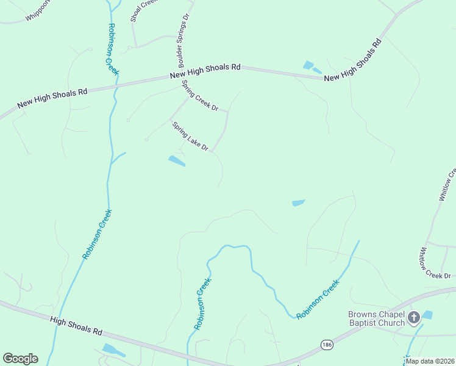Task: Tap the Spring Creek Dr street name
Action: pyautogui.click(x=200, y=96)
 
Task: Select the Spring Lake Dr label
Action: pyautogui.click(x=190, y=137)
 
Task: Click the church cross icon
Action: pyautogui.click(x=414, y=317)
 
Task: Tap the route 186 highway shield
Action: pyautogui.click(x=327, y=345)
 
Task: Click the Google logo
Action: pyautogui.click(x=20, y=359)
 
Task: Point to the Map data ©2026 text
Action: pyautogui.click(x=429, y=361)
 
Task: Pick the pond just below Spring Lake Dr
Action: pyautogui.click(x=176, y=161)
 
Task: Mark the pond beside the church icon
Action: pyautogui.click(x=427, y=315)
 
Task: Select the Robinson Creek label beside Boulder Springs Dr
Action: pyautogui.click(x=113, y=49)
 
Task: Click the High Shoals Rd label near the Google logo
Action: pyautogui.click(x=76, y=325)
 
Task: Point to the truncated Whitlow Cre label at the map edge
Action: pyautogui.click(x=447, y=185)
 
